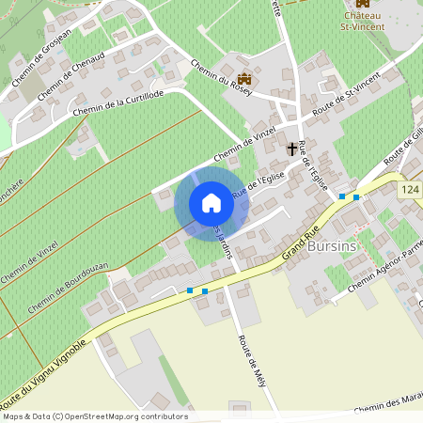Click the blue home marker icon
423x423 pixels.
pos(211,203)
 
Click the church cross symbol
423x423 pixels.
pos(292,149)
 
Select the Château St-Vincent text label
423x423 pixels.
pos(363,22)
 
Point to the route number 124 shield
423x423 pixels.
pos(410,191)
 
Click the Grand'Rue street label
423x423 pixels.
pos(301,249)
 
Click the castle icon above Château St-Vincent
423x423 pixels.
pos(363,4)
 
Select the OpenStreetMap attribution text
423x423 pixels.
pos(94,416)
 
